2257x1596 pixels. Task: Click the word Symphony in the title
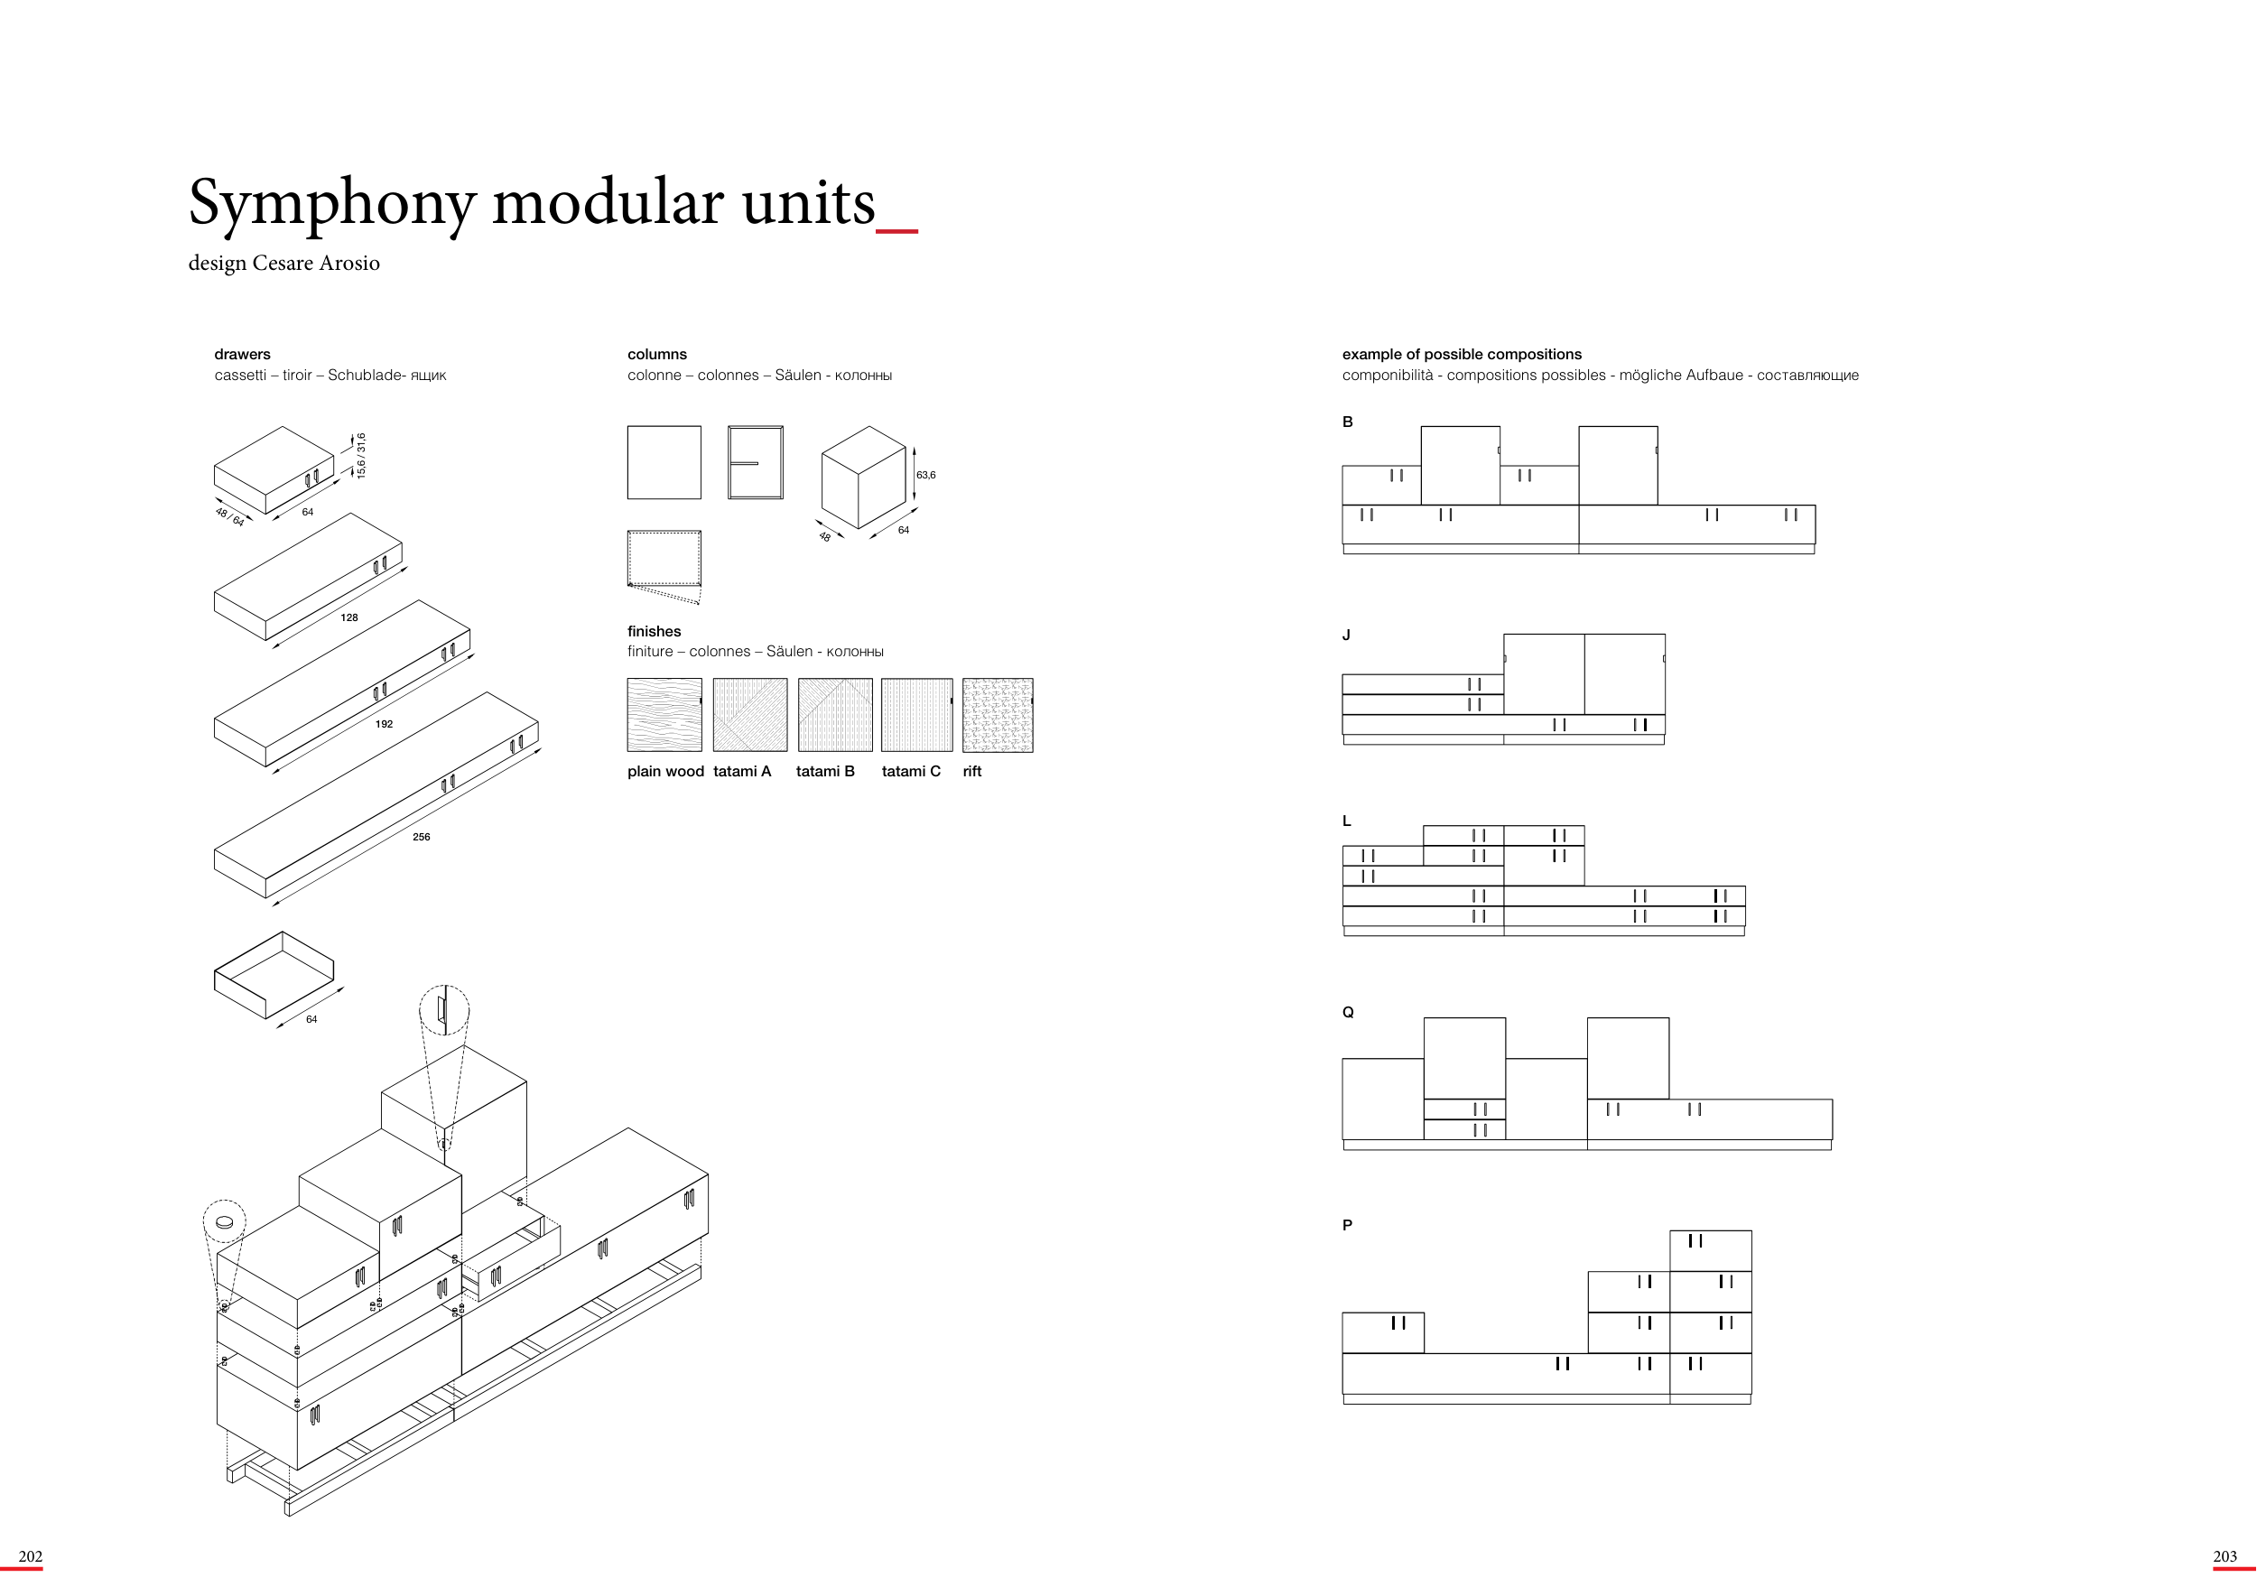(331, 204)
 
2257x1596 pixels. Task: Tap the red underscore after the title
(896, 231)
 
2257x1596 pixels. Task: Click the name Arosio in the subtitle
(349, 264)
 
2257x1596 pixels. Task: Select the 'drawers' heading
(242, 354)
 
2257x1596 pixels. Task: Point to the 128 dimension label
(349, 617)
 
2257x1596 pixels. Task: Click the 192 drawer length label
(385, 724)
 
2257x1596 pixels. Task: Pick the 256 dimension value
(421, 838)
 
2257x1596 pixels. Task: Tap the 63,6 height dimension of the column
(926, 476)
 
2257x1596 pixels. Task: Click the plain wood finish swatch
(664, 714)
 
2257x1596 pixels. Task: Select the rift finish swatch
(998, 714)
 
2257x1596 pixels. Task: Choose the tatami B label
(825, 772)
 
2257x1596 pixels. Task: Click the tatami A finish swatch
(750, 714)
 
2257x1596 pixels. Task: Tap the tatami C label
(910, 772)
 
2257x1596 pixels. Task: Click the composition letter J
(1347, 635)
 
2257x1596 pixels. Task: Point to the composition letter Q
(1348, 1012)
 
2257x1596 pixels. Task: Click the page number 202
(31, 1556)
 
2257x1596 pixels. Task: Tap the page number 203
(2224, 1556)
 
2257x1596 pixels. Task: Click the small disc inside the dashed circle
(224, 1222)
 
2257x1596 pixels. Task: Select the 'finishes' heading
(654, 631)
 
